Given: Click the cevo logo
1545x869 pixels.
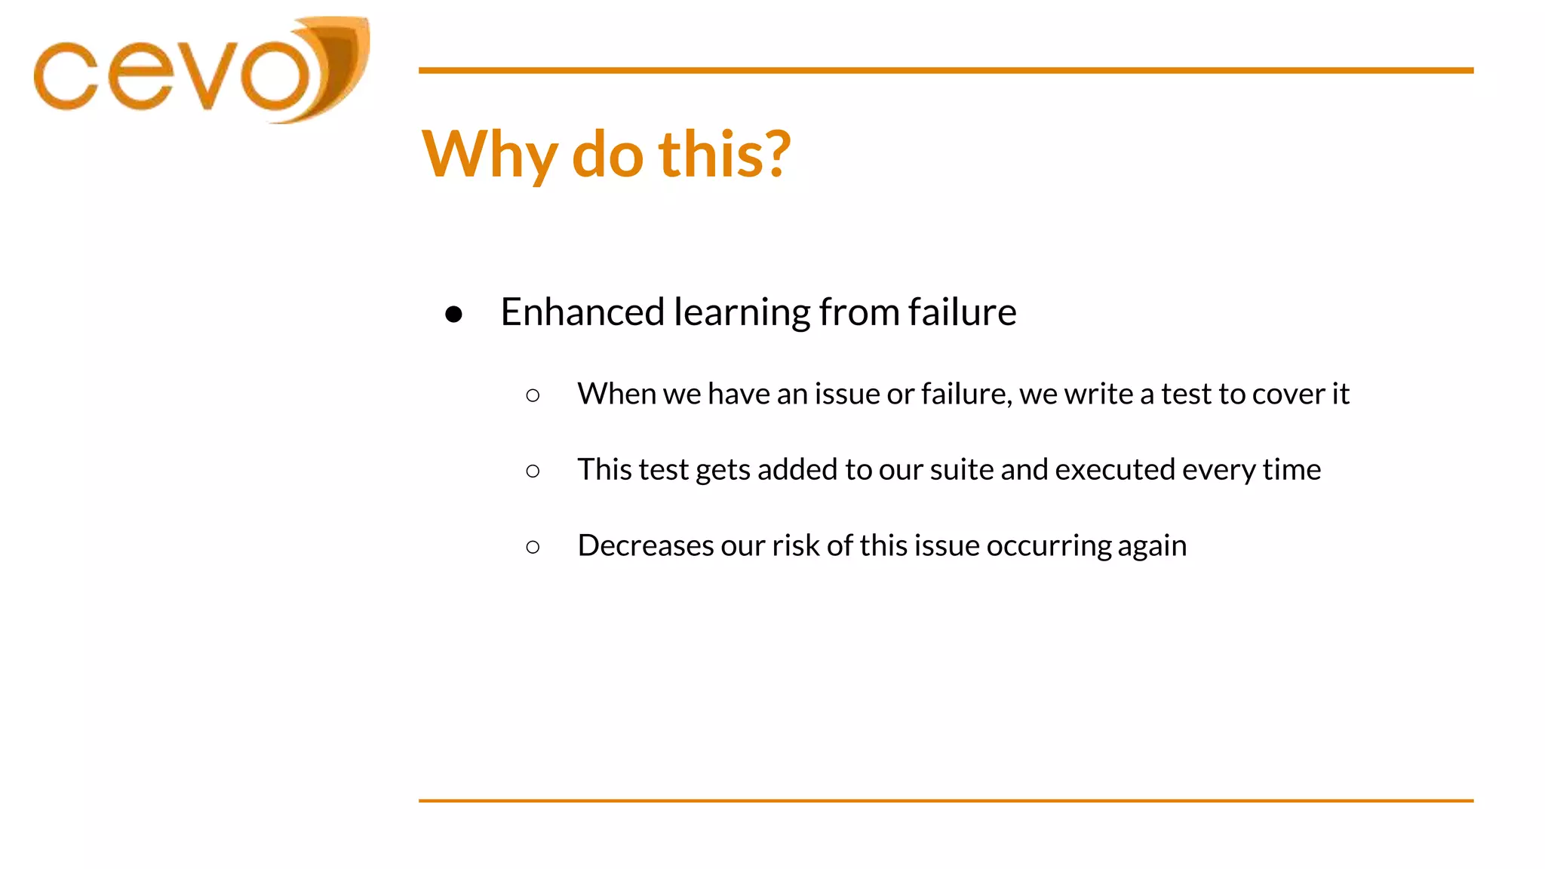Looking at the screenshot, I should coord(200,72).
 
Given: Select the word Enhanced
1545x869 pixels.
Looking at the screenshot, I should coord(582,312).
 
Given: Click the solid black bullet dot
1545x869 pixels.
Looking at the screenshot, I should coord(453,314).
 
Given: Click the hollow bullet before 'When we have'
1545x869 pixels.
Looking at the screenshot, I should coord(533,395).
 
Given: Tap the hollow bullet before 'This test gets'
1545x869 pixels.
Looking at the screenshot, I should coord(533,471).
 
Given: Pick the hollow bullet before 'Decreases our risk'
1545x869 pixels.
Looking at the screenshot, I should coord(533,547).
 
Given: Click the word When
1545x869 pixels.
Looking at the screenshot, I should coord(616,394).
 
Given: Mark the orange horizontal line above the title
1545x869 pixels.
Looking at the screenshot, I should coord(945,70).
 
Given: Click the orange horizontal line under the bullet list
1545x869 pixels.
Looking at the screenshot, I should coord(945,800).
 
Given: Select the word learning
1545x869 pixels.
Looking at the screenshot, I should coord(742,312).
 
